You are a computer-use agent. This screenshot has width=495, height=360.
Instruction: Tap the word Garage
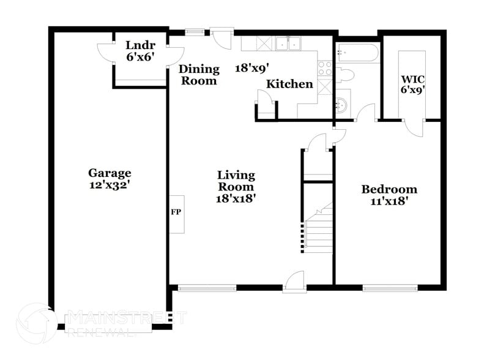[110, 173]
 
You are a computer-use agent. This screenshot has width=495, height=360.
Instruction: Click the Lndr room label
[140, 45]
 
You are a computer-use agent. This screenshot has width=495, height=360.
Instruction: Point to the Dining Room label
[198, 75]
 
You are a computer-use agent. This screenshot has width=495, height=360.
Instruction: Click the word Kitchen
[289, 84]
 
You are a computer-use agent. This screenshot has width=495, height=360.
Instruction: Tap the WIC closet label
[412, 79]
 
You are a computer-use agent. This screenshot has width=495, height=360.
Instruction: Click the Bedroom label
[389, 189]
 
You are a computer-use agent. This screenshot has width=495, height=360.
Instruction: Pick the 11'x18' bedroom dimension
[389, 200]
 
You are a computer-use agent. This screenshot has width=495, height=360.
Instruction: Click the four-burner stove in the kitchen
[325, 67]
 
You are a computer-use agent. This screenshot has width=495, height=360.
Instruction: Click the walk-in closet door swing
[415, 127]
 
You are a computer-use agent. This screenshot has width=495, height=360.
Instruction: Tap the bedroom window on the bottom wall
[390, 287]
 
